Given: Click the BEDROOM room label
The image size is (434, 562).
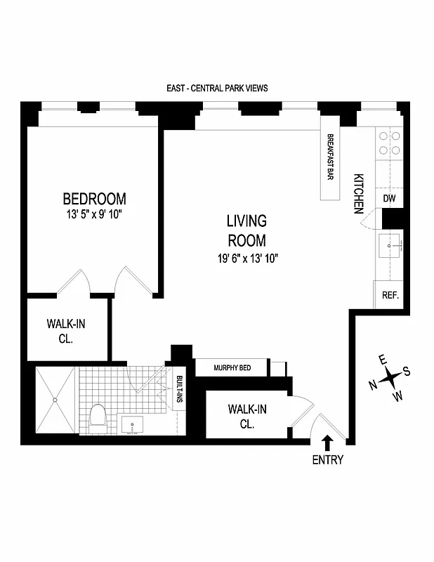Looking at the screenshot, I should pos(94,199).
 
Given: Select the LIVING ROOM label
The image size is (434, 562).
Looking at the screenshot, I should pos(246,231).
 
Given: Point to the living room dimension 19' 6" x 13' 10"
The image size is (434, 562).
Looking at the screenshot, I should pos(247,258).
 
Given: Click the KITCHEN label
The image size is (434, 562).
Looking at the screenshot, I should pos(358,193).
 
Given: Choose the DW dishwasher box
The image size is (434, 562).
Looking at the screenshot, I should pos(390,200).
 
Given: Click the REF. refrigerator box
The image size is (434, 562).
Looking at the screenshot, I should pos(390,295).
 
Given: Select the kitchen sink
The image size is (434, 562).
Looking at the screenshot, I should pos(390,247).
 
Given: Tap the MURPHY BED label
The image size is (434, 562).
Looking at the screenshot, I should pos(232,367).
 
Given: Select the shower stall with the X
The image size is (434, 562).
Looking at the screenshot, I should pos(54,400).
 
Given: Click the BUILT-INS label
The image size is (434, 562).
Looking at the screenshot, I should pos(180,388).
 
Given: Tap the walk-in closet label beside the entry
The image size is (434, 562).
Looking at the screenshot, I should pos(246,416).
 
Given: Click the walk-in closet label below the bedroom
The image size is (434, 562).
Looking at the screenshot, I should pos(66,331).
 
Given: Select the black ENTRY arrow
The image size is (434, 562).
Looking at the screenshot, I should pos(327,442).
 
